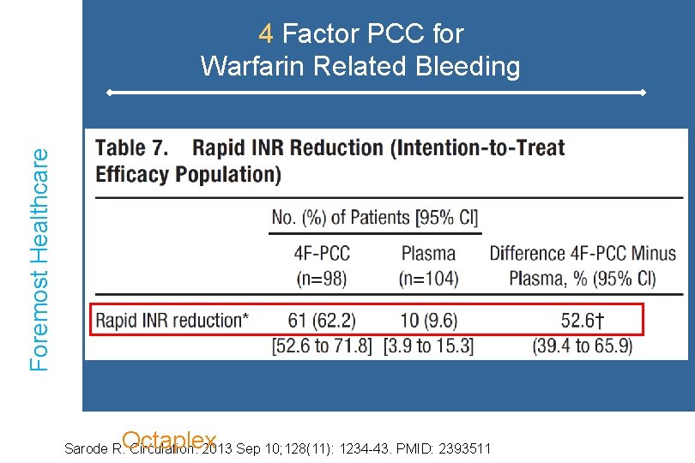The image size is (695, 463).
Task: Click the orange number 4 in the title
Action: click(266, 34)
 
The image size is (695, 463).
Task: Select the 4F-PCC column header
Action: click(322, 254)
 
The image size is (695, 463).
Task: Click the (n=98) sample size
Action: click(322, 278)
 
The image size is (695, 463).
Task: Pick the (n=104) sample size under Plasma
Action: click(428, 278)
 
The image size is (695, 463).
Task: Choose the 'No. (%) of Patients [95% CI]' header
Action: click(375, 217)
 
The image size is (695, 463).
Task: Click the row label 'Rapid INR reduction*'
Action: click(172, 321)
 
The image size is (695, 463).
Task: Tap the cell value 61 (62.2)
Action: click(322, 321)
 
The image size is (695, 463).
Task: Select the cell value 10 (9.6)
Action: click(428, 321)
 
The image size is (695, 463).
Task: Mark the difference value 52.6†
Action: click(583, 321)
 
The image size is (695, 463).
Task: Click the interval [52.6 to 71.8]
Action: click(322, 346)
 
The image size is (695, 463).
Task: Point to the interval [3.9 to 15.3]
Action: click(428, 346)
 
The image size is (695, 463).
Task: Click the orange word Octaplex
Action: click(169, 440)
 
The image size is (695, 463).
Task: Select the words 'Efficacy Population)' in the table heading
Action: click(188, 174)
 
